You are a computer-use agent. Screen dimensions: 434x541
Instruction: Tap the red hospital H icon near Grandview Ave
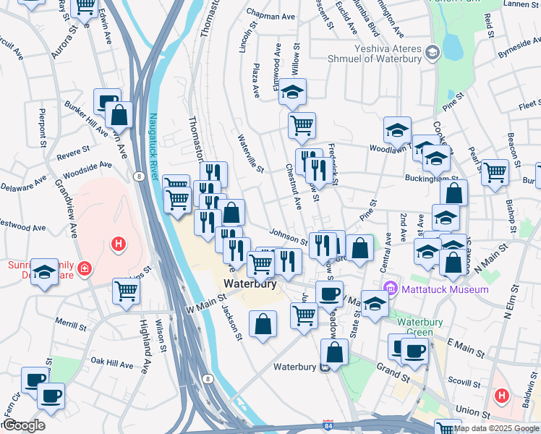coord(119,245)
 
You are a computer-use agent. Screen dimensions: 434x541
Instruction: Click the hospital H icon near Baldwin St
coord(501,396)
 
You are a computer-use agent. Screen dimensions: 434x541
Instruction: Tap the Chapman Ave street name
coord(271,14)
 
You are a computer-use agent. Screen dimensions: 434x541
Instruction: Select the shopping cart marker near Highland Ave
coord(127,291)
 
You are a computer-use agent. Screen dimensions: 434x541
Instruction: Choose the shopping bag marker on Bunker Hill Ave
coord(119,114)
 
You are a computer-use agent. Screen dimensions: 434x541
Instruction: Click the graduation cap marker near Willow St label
coord(293,92)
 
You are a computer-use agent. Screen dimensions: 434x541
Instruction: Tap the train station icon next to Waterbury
coord(326,367)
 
